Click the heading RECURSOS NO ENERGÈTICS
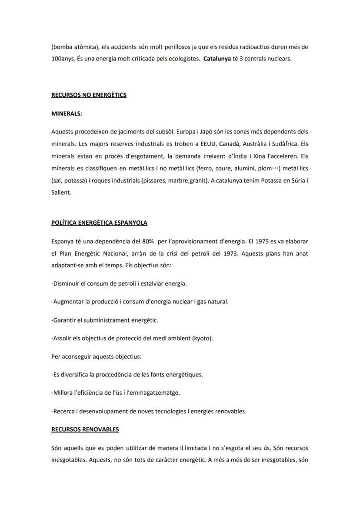click(89, 95)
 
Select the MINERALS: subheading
click(67, 114)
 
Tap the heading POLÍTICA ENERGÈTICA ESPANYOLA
click(99, 223)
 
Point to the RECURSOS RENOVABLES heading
click(85, 429)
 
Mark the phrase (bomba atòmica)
click(72, 46)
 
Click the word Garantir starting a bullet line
click(64, 320)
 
